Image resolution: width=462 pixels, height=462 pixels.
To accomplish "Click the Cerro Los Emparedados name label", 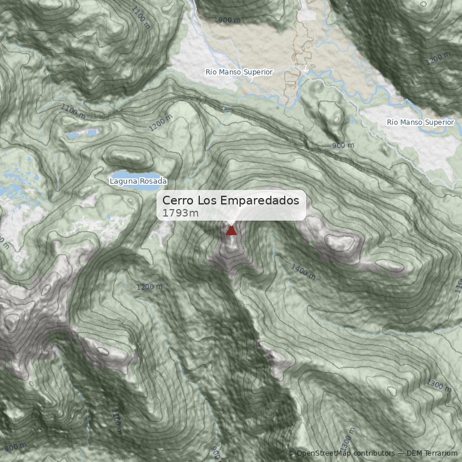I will (x=230, y=200).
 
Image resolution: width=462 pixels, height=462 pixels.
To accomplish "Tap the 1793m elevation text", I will (x=180, y=213).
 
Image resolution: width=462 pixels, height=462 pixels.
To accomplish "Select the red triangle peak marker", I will (x=231, y=230).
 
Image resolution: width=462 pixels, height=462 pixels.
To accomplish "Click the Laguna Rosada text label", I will (x=138, y=181).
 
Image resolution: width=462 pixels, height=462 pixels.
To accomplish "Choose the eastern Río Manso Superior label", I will (x=420, y=122).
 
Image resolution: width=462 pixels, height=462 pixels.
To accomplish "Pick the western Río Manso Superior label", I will (x=239, y=72).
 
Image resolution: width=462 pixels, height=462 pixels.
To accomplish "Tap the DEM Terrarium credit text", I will (x=432, y=454).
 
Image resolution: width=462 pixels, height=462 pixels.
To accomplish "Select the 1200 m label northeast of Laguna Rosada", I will (x=161, y=122).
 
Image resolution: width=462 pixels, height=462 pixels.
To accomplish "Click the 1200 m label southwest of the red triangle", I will (x=150, y=287).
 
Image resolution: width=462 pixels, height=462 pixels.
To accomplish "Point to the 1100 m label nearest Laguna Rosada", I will (x=73, y=111).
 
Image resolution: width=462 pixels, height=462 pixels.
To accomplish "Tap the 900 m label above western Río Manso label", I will (x=229, y=20).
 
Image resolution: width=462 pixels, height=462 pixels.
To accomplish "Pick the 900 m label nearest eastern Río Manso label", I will (x=343, y=146).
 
